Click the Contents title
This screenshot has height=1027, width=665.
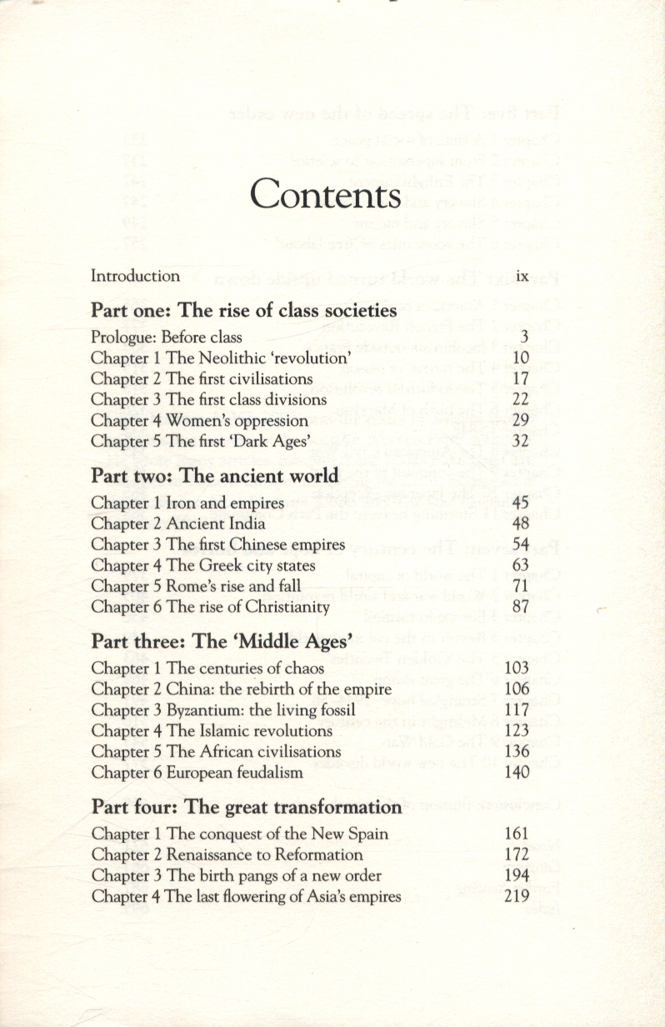(x=326, y=194)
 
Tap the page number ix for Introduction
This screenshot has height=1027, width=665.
(x=522, y=276)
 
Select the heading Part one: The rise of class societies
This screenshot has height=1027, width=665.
(x=243, y=311)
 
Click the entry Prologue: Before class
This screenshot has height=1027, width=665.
(x=167, y=338)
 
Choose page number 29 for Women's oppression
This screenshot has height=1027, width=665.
(x=521, y=421)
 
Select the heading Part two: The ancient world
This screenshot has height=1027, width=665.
(x=215, y=476)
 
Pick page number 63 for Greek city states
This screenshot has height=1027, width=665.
(x=521, y=565)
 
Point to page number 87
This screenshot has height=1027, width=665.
(x=521, y=607)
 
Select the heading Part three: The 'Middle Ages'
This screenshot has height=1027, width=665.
(x=222, y=641)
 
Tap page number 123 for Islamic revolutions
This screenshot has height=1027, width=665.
(x=517, y=731)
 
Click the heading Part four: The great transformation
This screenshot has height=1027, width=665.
(x=247, y=807)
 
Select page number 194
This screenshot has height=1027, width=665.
(x=517, y=875)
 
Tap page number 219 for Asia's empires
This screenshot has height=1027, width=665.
(x=517, y=897)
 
